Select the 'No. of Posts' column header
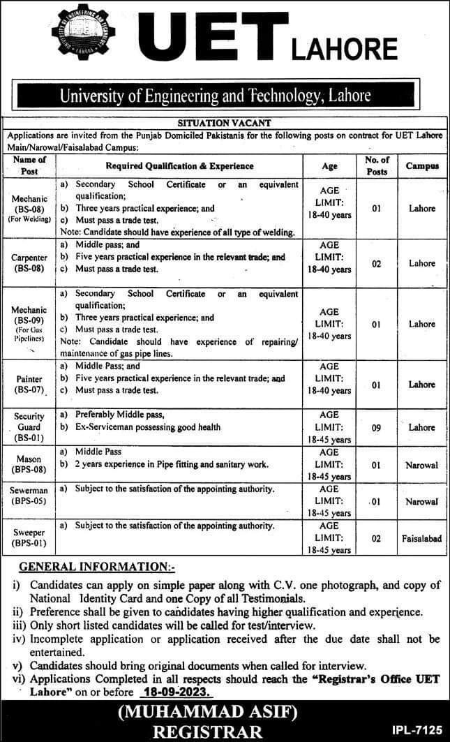click(376, 166)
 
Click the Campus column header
click(422, 166)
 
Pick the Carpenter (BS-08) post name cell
click(29, 263)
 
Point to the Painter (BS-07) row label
click(29, 385)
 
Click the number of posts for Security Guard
click(376, 426)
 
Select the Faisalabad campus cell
click(422, 539)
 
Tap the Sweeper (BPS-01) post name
click(29, 539)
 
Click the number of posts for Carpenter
click(376, 263)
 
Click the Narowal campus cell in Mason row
click(422, 464)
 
